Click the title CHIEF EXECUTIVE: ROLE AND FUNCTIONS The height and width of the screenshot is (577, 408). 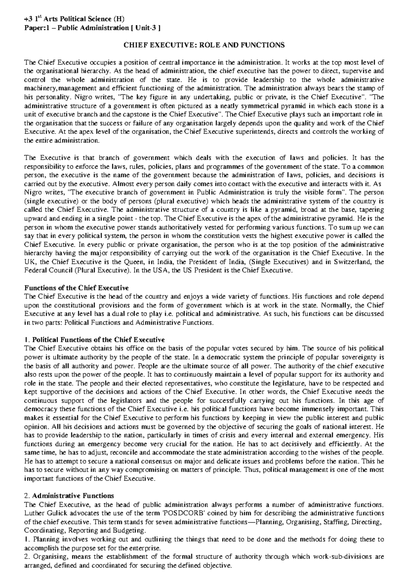pos(204,45)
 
